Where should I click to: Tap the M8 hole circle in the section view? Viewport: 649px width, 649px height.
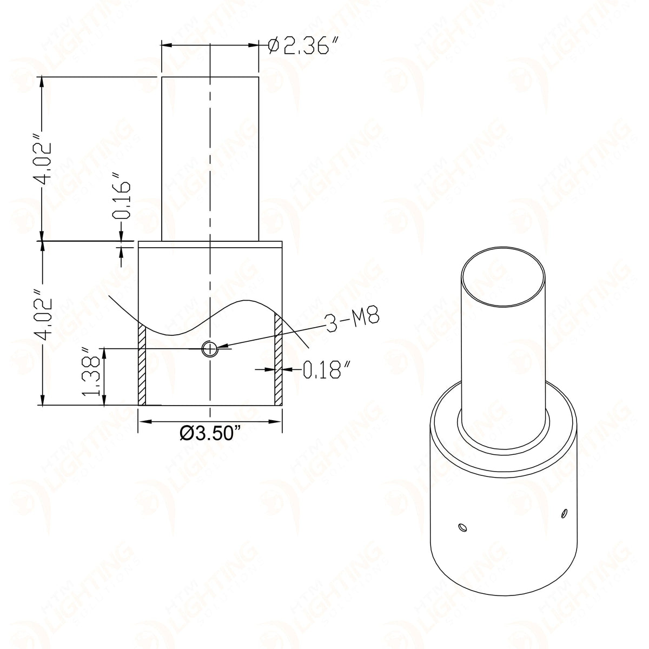(x=209, y=349)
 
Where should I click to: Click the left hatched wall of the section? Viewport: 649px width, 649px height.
(x=142, y=365)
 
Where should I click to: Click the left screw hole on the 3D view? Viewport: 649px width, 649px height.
(x=461, y=526)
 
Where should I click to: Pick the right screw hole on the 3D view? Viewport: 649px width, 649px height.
(x=564, y=512)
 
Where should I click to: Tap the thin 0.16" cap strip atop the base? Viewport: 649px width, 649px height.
(x=210, y=244)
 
